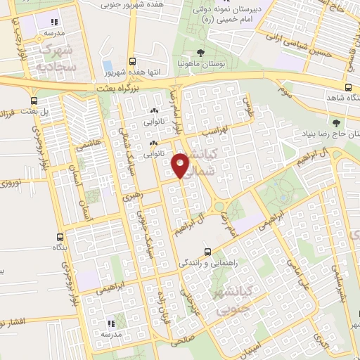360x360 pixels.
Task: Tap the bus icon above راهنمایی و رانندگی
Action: [207, 251]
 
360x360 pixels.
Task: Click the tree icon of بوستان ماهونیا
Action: [202, 53]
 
